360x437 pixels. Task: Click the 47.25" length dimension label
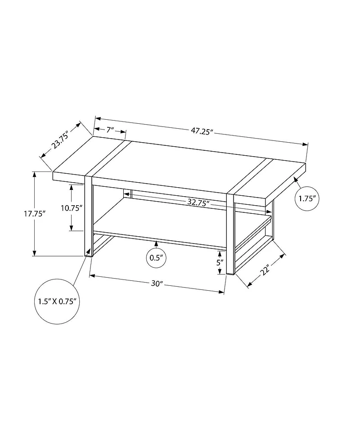tap(201, 131)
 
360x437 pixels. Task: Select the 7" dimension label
tap(110, 130)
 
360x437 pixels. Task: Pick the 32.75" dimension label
tap(199, 203)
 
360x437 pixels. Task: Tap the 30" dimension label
tap(156, 284)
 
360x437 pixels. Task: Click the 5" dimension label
tap(220, 262)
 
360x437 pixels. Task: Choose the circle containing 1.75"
tap(307, 198)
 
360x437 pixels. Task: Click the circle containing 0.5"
tap(157, 258)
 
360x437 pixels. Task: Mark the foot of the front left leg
tap(89, 255)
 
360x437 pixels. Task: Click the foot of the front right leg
tap(230, 272)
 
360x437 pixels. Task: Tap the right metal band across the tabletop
tap(247, 176)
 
